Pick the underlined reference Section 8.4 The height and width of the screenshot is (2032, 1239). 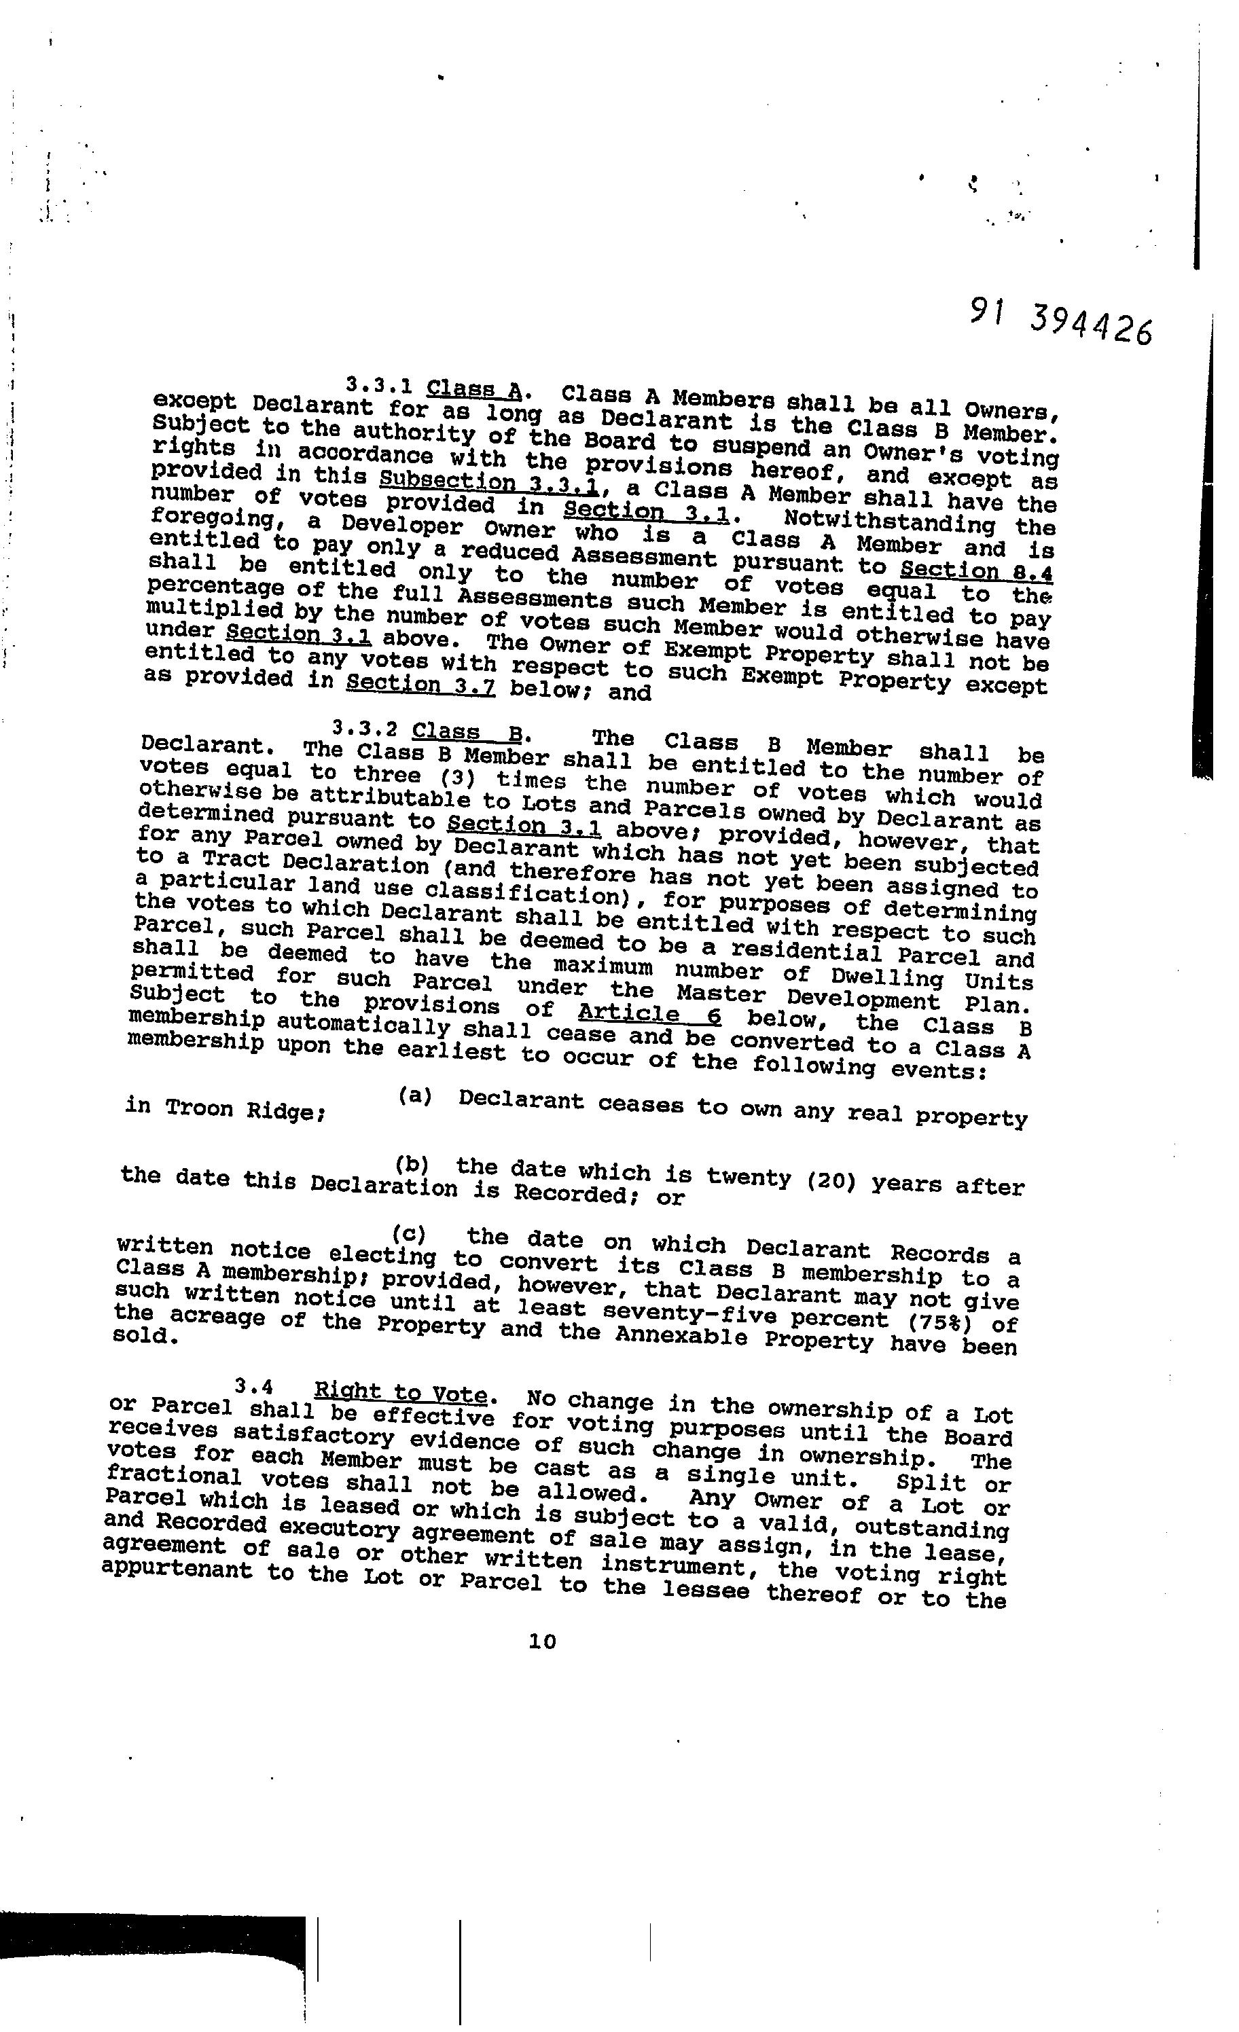click(977, 570)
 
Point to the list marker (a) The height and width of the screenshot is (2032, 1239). click(415, 1096)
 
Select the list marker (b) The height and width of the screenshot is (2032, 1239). click(412, 1165)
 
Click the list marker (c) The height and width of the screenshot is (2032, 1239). click(409, 1234)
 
